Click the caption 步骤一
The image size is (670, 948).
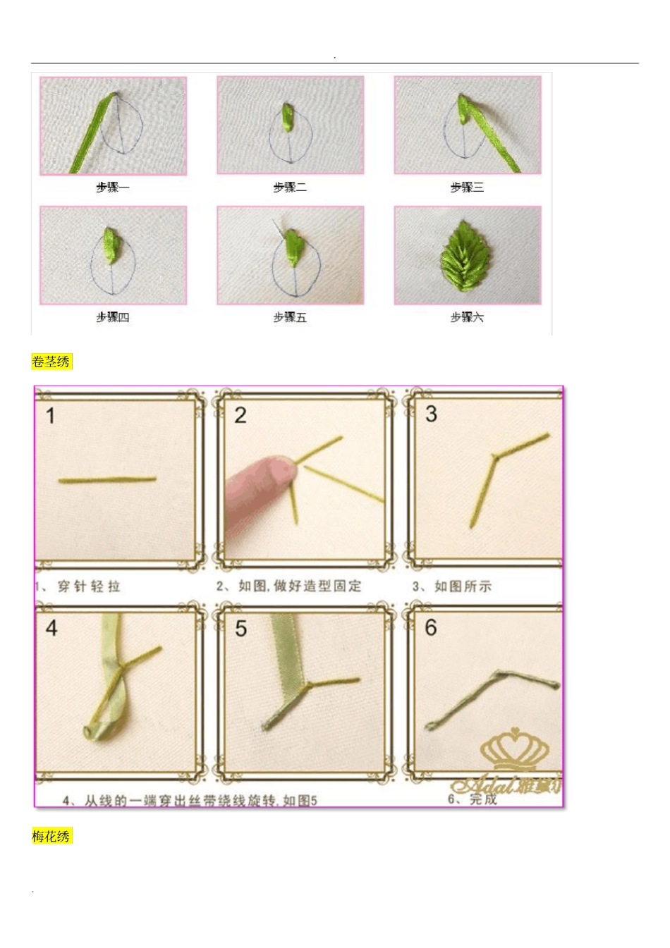pos(113,187)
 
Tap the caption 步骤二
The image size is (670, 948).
pos(290,187)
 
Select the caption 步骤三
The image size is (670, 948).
pos(467,187)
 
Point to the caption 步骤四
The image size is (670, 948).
pos(113,318)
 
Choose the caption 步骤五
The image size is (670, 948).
pos(290,318)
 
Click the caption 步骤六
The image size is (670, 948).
pos(467,318)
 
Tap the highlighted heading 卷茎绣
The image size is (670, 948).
pos(51,362)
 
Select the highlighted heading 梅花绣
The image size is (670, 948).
pos(51,837)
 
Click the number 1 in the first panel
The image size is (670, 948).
pos(51,416)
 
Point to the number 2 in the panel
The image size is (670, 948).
pos(240,416)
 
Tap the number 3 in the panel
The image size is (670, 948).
pos(431,414)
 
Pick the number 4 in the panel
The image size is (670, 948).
pos(51,628)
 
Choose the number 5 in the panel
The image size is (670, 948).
pos(241,629)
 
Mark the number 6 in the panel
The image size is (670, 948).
pos(431,628)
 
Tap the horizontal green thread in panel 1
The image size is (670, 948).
pos(107,481)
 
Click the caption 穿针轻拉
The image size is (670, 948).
pos(89,586)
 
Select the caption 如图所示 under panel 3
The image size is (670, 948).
pos(463,586)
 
